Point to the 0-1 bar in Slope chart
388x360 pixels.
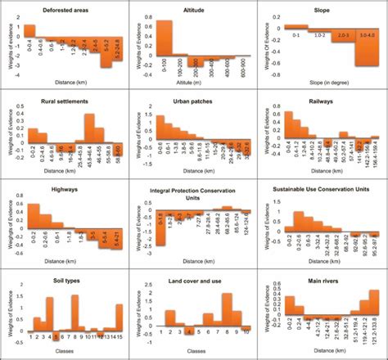(296, 28)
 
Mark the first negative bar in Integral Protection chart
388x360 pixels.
(160, 232)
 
